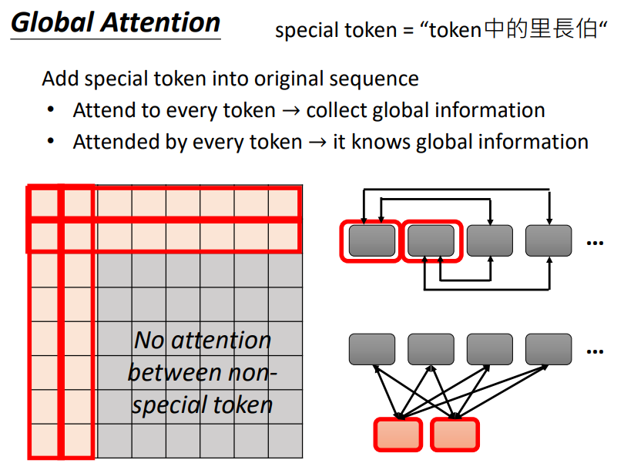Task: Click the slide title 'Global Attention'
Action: click(116, 22)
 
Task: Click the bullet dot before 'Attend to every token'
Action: click(51, 110)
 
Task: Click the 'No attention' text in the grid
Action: click(203, 340)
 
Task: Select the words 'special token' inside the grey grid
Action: click(202, 405)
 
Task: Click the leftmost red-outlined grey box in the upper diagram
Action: click(371, 241)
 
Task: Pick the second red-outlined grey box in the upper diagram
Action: click(431, 241)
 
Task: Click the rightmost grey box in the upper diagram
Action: click(549, 241)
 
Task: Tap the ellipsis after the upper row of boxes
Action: click(594, 243)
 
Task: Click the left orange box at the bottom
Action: click(398, 434)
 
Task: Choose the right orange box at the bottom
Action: click(455, 434)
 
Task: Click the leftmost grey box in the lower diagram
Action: click(371, 349)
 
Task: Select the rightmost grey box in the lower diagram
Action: click(549, 349)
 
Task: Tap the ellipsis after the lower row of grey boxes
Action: click(594, 351)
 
